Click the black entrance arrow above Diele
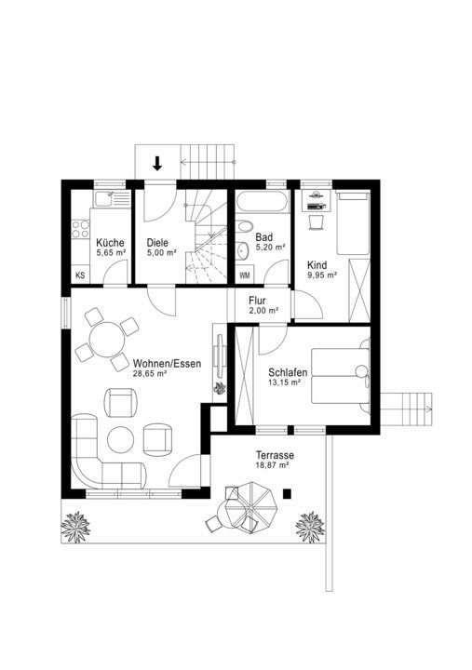157,164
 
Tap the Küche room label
110,243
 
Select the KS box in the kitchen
80,275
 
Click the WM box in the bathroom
245,275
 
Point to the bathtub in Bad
263,201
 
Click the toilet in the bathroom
244,225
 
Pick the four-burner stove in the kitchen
80,229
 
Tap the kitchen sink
104,199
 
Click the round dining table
107,340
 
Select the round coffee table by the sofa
121,439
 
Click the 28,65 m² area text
150,373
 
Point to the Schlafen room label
288,372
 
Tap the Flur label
257,301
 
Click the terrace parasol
251,507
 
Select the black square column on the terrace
287,493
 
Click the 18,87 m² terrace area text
273,465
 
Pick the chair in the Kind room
316,221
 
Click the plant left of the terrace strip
75,527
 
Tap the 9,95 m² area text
322,275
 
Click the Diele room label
157,243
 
